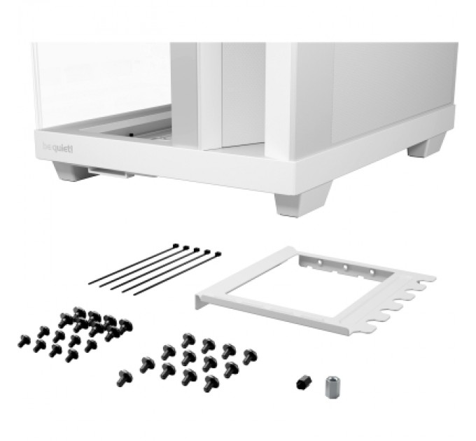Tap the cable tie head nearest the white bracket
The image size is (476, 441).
click(217, 254)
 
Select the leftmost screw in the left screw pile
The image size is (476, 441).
click(23, 341)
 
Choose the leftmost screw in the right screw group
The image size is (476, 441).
click(126, 377)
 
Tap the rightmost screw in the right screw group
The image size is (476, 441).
click(249, 356)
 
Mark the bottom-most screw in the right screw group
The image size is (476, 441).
click(210, 384)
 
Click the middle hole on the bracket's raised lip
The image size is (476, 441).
click(344, 267)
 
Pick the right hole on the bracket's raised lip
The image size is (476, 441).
click(368, 273)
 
